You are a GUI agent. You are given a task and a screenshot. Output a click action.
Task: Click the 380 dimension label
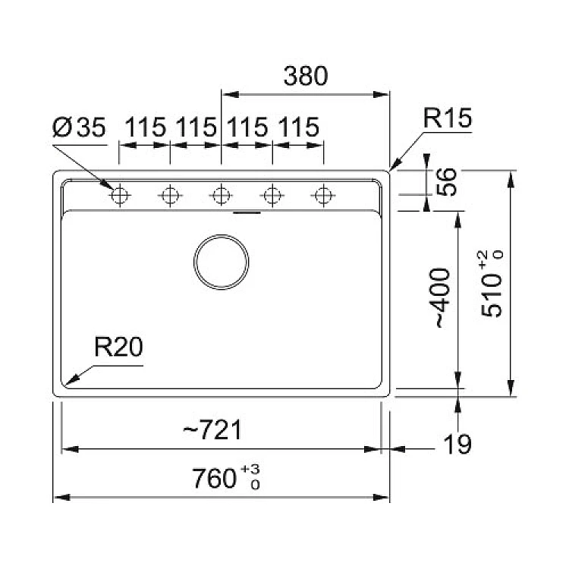pyautogui.click(x=306, y=76)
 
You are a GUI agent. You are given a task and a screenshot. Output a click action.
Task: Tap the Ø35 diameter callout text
pyautogui.click(x=79, y=127)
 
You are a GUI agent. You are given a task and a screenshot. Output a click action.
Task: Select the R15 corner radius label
pyautogui.click(x=447, y=118)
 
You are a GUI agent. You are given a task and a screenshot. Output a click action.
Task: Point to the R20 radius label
pyautogui.click(x=118, y=347)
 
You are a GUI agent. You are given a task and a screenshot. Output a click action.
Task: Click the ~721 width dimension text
pyautogui.click(x=212, y=429)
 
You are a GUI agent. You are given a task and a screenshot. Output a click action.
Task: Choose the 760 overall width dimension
pyautogui.click(x=214, y=478)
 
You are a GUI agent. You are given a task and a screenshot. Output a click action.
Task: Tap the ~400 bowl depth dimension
pyautogui.click(x=442, y=298)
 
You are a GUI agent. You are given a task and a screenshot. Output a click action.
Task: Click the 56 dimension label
pyautogui.click(x=446, y=182)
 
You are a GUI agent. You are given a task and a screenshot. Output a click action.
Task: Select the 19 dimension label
pyautogui.click(x=457, y=444)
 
